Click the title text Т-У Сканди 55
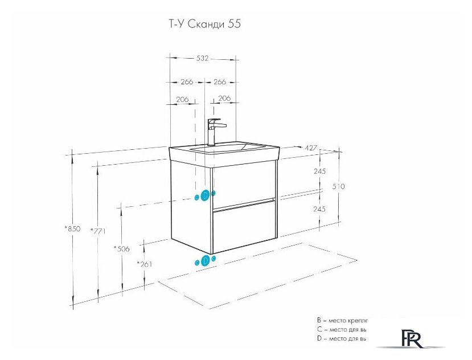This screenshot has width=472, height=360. [202, 24]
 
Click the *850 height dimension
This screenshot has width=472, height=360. [73, 229]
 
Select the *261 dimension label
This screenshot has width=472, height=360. [145, 264]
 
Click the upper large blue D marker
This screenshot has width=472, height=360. [206, 195]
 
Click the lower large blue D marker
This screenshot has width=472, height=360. [206, 261]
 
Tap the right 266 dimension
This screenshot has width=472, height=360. [219, 82]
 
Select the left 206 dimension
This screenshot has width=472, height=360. [182, 99]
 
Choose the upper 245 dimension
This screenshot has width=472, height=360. [319, 171]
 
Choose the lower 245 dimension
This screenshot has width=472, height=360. [319, 209]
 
